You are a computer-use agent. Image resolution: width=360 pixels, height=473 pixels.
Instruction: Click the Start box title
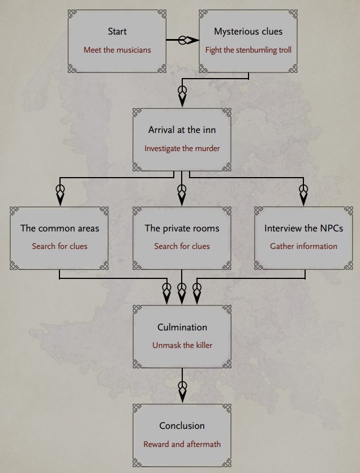click(x=117, y=31)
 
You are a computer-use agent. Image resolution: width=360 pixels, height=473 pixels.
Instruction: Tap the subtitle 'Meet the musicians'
click(x=117, y=50)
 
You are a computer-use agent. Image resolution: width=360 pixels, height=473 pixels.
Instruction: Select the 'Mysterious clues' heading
click(x=248, y=31)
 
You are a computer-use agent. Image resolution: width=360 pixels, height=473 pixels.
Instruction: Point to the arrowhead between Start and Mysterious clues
click(x=192, y=40)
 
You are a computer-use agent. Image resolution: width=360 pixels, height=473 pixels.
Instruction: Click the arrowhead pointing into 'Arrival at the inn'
click(x=182, y=99)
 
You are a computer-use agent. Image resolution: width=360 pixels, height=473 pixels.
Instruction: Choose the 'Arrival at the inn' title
click(x=182, y=130)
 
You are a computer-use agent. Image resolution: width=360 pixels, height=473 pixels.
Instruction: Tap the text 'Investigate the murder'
click(x=182, y=148)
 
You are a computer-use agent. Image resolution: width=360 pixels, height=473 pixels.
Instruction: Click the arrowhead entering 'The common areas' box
click(x=61, y=198)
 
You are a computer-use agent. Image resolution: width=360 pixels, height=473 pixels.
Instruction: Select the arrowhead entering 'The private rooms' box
click(x=182, y=198)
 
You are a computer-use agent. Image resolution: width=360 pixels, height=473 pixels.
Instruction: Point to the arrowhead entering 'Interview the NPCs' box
click(x=303, y=198)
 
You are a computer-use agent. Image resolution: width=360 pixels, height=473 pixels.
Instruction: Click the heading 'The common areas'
click(x=59, y=228)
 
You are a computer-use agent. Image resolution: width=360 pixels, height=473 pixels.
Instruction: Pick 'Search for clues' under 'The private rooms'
click(x=182, y=246)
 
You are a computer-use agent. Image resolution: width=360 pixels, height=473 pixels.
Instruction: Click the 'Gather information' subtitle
click(x=303, y=246)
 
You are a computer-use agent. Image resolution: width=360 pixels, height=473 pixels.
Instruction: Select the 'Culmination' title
click(x=182, y=327)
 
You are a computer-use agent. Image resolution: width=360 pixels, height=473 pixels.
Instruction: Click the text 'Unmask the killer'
click(x=182, y=345)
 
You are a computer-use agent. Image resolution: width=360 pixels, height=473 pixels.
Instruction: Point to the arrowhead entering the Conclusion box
click(x=182, y=395)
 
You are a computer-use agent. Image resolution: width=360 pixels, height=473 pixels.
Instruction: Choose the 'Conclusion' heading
click(x=182, y=425)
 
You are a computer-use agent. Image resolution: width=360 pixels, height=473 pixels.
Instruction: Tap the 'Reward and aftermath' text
click(x=182, y=444)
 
